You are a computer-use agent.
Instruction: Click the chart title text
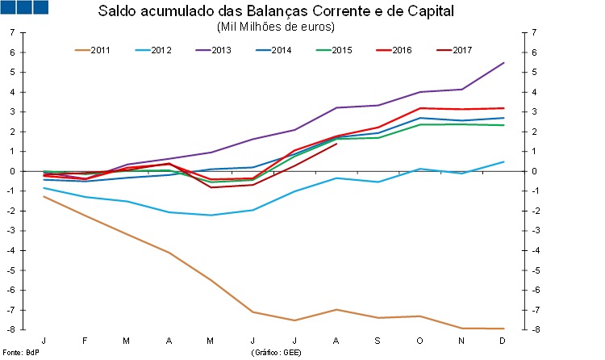(x=275, y=12)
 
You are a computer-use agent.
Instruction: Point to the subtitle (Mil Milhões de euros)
(x=275, y=27)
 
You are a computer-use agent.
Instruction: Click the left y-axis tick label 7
(x=12, y=32)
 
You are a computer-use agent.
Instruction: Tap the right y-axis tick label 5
(x=529, y=72)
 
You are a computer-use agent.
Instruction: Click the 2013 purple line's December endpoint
(x=504, y=63)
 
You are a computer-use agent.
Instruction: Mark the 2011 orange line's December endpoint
(x=504, y=329)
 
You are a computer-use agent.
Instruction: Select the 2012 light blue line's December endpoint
(x=504, y=161)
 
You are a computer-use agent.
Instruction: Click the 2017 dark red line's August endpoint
(x=336, y=144)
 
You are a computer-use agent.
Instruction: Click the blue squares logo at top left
(x=25, y=8)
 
